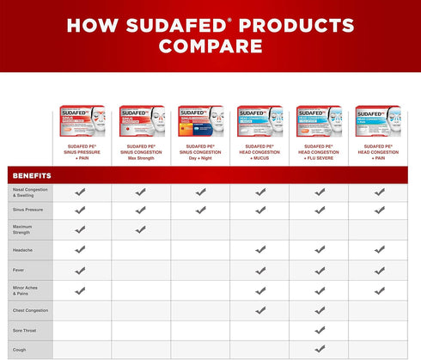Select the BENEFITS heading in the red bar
coord(32,175)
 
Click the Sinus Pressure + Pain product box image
coord(80,122)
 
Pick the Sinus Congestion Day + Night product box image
coord(200,122)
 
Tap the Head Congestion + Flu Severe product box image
coord(320,122)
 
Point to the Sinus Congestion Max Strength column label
coord(140,152)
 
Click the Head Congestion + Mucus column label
coord(259,152)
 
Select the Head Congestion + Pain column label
coord(379,152)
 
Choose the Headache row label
coord(23,250)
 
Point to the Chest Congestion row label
coord(30,309)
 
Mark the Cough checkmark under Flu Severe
coord(320,349)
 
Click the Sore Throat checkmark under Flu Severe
coord(320,329)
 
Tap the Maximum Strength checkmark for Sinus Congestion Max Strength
coord(140,229)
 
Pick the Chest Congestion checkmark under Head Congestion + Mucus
coord(259,309)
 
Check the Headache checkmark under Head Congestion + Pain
coord(379,250)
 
